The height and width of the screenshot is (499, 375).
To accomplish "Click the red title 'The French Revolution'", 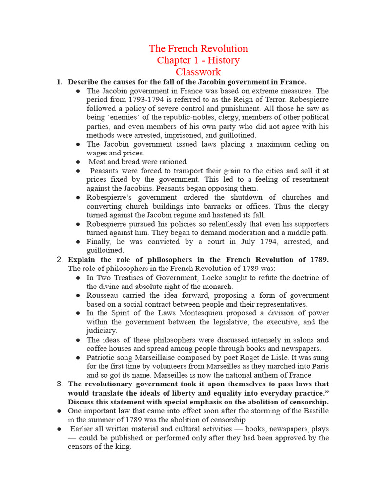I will pyautogui.click(x=198, y=49).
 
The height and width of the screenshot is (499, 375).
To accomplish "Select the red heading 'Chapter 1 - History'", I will pyautogui.click(x=198, y=60).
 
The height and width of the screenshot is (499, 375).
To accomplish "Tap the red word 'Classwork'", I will pyautogui.click(x=198, y=72).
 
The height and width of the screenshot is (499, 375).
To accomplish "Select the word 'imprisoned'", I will pyautogui.click(x=193, y=135).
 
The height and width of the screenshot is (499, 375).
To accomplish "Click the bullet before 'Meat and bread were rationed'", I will pyautogui.click(x=78, y=162).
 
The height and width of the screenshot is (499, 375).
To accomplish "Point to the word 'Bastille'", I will pyautogui.click(x=315, y=411).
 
